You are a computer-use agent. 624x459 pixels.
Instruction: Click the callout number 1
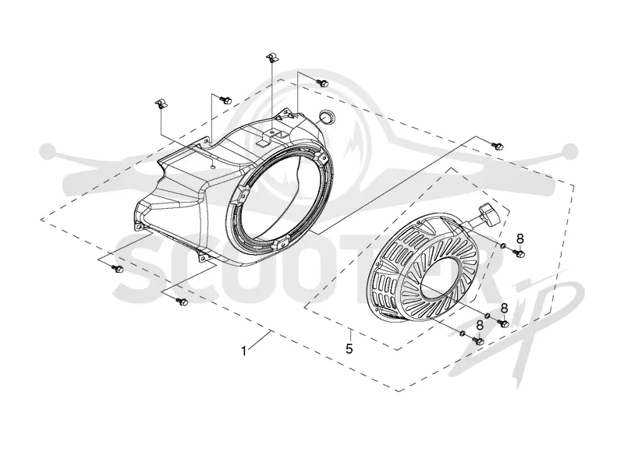[243, 351]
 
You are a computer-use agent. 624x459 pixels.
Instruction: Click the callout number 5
[349, 349]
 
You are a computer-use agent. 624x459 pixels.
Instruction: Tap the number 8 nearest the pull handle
[520, 238]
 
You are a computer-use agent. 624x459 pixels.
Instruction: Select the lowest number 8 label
[480, 326]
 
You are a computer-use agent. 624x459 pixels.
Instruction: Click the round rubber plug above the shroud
[327, 115]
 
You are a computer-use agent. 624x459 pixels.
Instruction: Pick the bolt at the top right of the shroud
[323, 83]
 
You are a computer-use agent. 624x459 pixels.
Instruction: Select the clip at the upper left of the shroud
[161, 103]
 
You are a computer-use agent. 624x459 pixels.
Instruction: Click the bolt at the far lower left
[117, 269]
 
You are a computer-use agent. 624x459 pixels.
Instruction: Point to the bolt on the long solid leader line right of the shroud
[498, 146]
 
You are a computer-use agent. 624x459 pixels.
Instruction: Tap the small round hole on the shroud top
[213, 167]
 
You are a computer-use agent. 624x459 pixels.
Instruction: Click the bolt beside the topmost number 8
[519, 253]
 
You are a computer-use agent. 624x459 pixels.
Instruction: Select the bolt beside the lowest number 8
[478, 341]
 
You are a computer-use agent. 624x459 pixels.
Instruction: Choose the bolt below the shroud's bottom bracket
[182, 302]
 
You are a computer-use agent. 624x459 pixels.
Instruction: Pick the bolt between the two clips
[226, 100]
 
